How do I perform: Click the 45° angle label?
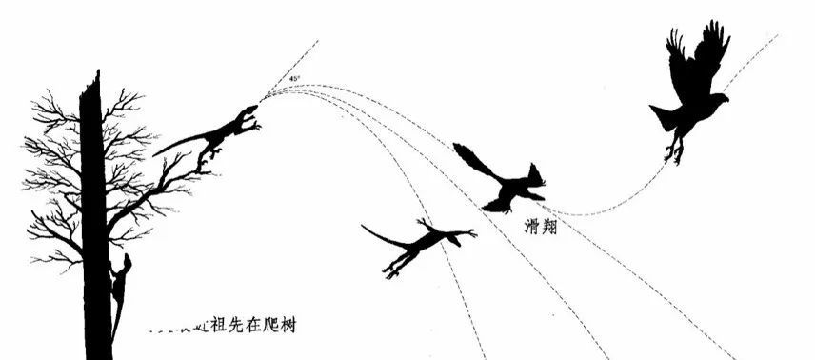point(295,78)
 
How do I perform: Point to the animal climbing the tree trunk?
point(120,286)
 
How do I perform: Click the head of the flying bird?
point(719,98)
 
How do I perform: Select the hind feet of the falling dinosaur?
point(392,271)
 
